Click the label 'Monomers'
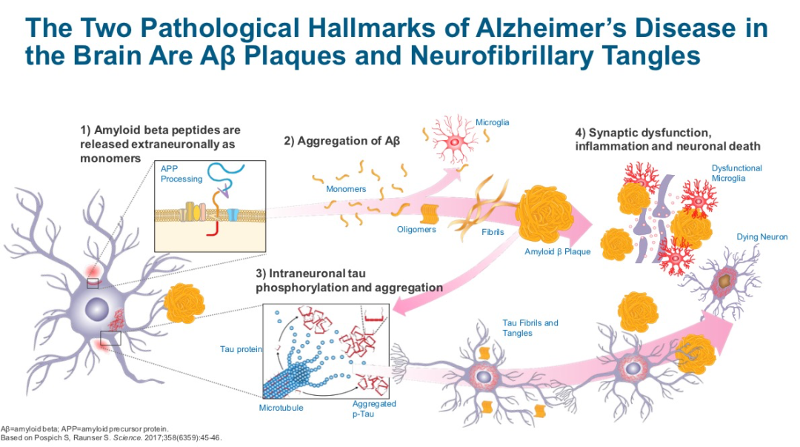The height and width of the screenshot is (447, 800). point(346,189)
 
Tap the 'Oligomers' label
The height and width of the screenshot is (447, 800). point(416,229)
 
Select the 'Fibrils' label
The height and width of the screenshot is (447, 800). point(493,232)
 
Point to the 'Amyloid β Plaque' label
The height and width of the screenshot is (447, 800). point(557,251)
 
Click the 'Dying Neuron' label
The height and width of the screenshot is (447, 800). point(761,237)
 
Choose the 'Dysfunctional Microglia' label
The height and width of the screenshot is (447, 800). point(736,173)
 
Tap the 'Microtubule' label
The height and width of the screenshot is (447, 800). point(281,408)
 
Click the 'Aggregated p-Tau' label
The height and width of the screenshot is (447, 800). point(374,408)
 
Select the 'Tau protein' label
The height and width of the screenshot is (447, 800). point(241,349)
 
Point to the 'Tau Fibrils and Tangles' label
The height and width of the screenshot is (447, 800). point(530,328)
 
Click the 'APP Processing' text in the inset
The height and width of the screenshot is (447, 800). point(181,173)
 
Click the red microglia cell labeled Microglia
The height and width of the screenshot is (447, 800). point(453,139)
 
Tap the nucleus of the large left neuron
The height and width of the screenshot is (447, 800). point(96,310)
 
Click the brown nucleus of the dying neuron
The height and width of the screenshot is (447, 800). point(724,280)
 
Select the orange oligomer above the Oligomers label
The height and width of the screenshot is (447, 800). point(429,213)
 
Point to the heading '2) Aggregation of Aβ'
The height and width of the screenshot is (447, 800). point(341,141)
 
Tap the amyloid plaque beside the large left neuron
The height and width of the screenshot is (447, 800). point(184,303)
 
